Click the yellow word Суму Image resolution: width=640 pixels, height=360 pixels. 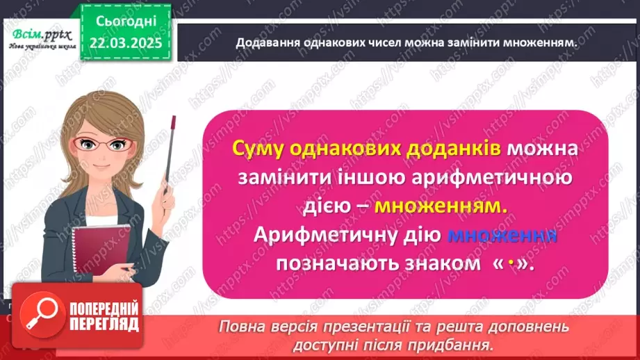tap(261, 149)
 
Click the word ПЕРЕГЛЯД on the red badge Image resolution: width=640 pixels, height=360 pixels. tap(104, 324)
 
